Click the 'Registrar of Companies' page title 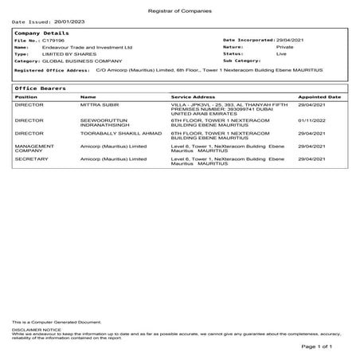click(x=180, y=6)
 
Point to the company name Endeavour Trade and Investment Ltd click(x=83, y=46)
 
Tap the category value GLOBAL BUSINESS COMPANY click(x=82, y=61)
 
